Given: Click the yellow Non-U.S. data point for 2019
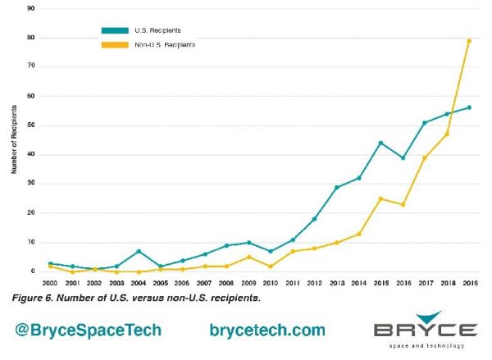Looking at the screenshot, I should [469, 40].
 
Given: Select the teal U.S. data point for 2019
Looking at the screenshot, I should [469, 107].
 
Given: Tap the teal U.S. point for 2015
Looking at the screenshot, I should [380, 143].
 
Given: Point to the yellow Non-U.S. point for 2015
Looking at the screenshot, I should [380, 198].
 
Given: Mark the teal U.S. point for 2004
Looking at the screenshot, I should [139, 251].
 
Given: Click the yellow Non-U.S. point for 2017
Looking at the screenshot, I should [424, 157].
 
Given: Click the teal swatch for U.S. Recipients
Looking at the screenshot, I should [116, 30].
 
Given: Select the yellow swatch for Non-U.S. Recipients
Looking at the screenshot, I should [116, 43].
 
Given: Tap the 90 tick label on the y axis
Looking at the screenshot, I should [30, 8].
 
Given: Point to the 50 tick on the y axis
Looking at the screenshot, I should [30, 125].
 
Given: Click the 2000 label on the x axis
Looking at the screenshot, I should [51, 283].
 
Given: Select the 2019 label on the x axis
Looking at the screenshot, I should [469, 283].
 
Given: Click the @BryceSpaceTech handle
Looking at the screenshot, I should [88, 330].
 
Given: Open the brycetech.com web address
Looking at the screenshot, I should [267, 330].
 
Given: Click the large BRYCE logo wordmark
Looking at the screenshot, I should [425, 331].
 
